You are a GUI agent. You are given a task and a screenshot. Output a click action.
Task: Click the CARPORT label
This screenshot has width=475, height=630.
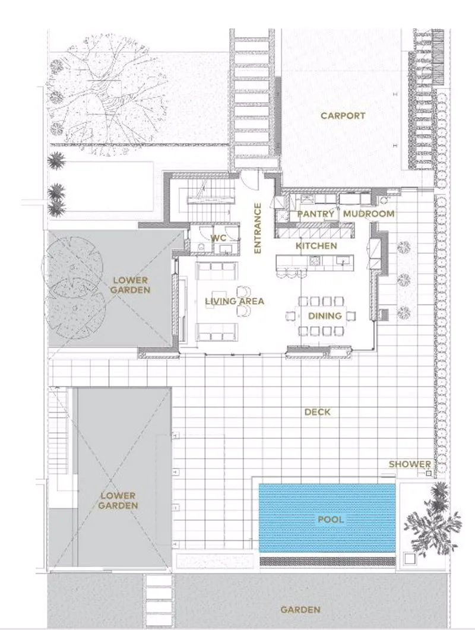click(343, 116)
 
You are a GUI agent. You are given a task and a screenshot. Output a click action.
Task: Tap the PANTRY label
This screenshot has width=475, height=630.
click(315, 214)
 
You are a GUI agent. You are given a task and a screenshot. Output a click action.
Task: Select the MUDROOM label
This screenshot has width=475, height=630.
click(369, 214)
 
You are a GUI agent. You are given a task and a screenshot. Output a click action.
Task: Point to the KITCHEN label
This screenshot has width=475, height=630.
click(316, 246)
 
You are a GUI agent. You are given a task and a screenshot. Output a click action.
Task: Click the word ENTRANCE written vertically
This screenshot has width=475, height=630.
click(258, 228)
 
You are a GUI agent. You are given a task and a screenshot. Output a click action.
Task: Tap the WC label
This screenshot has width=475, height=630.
click(218, 238)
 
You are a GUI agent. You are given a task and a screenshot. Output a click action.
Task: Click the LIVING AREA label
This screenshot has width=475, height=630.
click(235, 301)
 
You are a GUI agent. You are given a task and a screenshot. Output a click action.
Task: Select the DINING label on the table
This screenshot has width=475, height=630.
click(325, 316)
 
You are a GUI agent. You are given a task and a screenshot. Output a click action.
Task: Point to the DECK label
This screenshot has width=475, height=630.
click(318, 412)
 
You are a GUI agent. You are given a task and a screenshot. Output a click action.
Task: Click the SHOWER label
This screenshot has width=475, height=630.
click(410, 464)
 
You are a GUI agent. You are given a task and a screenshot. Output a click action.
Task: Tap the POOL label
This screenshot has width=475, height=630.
click(331, 520)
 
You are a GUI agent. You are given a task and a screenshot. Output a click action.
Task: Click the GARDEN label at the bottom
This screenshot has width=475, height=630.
click(300, 610)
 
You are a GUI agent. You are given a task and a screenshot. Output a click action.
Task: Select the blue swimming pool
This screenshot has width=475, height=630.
click(327, 518)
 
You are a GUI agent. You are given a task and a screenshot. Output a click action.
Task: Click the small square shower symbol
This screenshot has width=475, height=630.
click(429, 474)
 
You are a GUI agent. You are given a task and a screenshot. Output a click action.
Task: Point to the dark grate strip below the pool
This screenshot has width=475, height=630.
click(328, 561)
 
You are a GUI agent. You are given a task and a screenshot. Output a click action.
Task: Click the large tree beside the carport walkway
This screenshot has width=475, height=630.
click(106, 94)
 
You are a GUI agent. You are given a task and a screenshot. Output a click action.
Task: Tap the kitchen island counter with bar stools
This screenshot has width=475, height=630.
click(315, 262)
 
